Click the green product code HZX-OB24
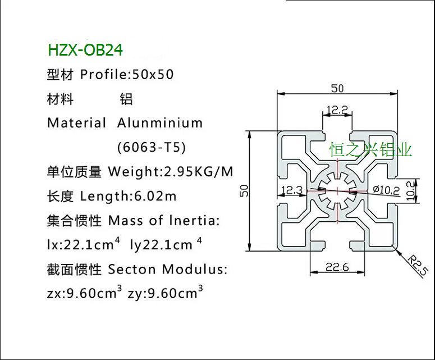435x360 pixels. (85, 50)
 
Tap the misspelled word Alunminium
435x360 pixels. (160, 123)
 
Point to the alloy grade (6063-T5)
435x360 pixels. (151, 148)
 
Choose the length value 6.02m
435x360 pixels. (155, 196)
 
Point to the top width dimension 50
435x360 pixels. (337, 88)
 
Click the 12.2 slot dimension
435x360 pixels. (337, 110)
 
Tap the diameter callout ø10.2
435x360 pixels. (386, 190)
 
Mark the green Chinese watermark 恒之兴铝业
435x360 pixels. (370, 150)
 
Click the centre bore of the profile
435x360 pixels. (337, 191)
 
